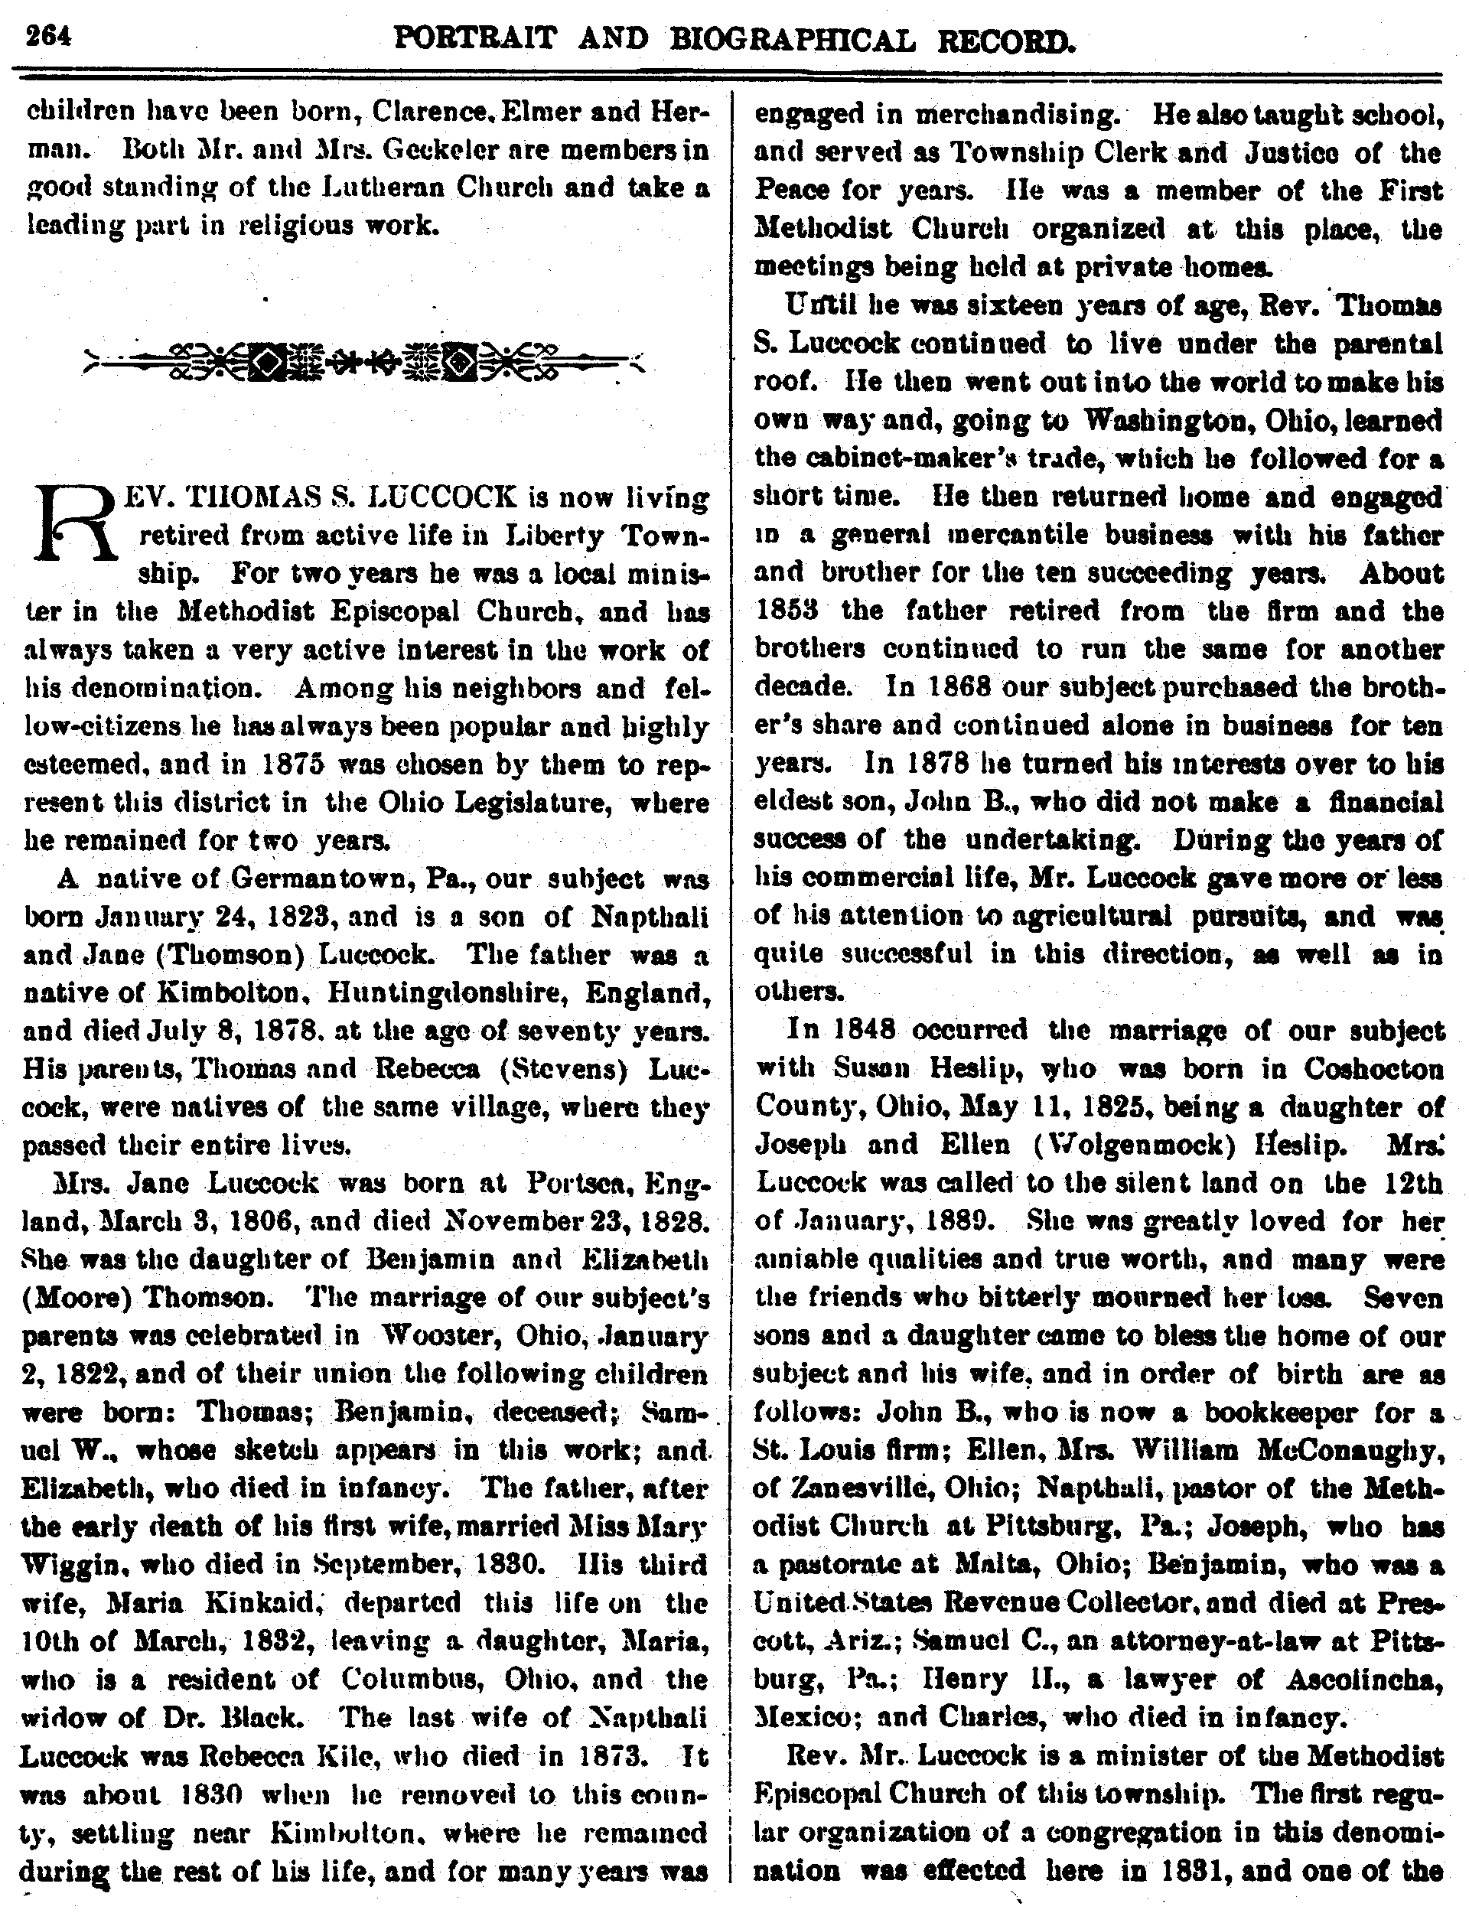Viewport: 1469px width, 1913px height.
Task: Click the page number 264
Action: pos(48,37)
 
